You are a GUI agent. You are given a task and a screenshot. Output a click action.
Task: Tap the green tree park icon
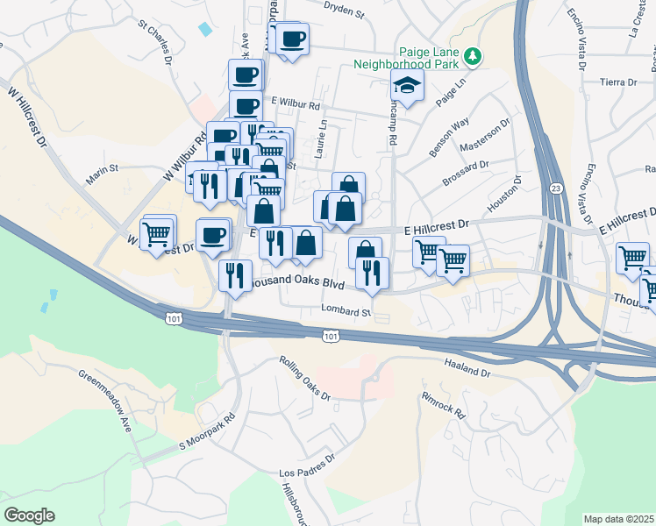(x=473, y=56)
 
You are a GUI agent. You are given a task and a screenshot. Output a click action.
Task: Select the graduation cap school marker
(x=408, y=86)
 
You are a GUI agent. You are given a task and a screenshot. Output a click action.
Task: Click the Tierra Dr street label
(x=618, y=82)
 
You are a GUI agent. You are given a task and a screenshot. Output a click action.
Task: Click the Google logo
(x=29, y=515)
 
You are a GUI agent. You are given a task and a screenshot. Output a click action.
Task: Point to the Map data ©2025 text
(x=619, y=519)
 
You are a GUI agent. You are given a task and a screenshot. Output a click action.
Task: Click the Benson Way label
(x=450, y=134)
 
